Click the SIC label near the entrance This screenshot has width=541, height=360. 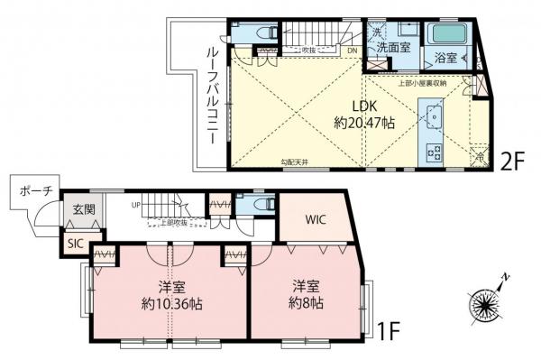(x=72, y=243)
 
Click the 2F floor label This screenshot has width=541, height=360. (x=512, y=162)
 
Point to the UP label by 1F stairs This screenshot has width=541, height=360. (x=135, y=204)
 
